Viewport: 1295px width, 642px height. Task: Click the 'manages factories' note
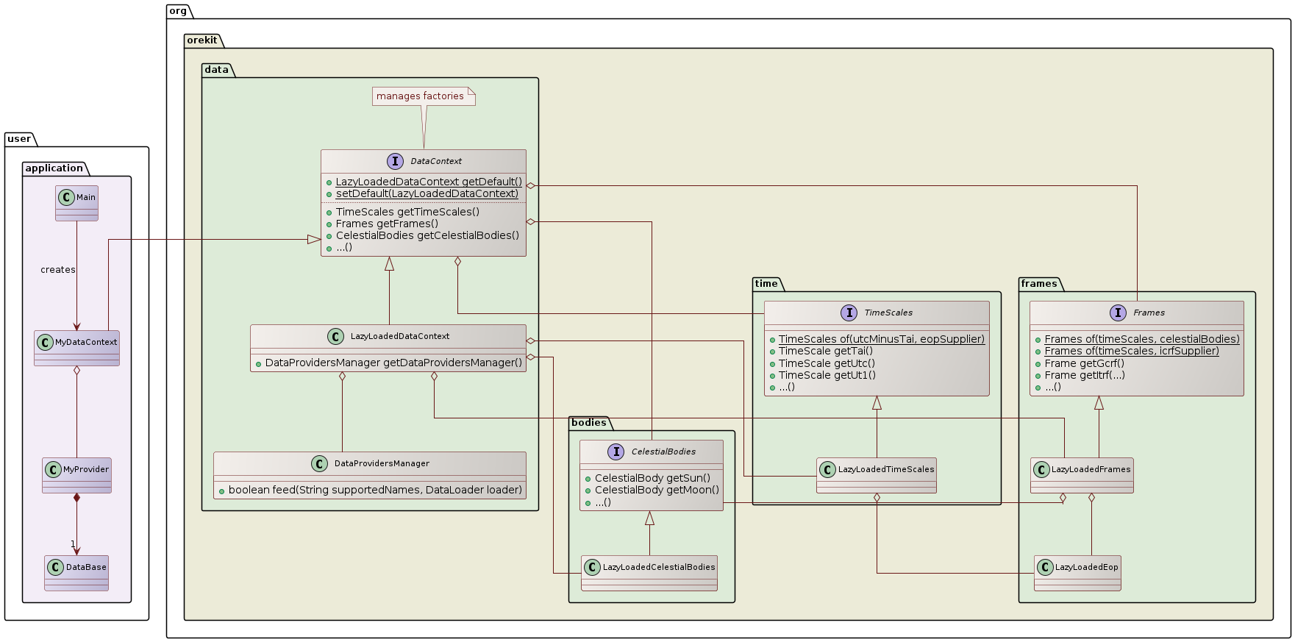[x=421, y=96]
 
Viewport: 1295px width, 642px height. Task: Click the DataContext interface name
[x=436, y=161]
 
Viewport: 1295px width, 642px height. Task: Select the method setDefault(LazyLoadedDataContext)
[x=427, y=194]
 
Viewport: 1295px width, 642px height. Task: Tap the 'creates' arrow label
[x=58, y=270]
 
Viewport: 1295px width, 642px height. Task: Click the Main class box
[x=76, y=202]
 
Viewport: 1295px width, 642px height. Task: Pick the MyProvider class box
[x=77, y=474]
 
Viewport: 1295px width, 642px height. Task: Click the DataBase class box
[x=76, y=572]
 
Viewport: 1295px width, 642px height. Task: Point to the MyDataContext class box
[x=76, y=348]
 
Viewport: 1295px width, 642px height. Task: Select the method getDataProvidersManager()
[x=393, y=363]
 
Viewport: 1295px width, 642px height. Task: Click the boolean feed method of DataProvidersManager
[x=375, y=490]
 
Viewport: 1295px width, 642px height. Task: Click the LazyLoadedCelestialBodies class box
[x=649, y=572]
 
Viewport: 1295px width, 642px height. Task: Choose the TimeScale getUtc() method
[x=827, y=363]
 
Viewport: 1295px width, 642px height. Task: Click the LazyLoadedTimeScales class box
[x=877, y=474]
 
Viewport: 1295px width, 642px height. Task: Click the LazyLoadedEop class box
[x=1077, y=572]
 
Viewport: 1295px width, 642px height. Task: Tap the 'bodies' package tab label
[x=588, y=422]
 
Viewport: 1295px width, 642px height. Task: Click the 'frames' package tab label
[x=1039, y=283]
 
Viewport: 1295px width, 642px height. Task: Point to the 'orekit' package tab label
[x=201, y=40]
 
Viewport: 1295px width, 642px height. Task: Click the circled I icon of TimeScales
[x=849, y=313]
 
